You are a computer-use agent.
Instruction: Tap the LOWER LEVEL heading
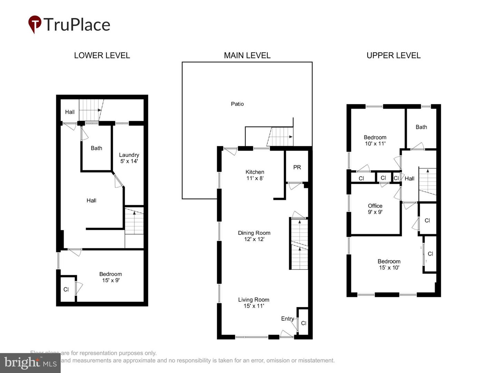[102, 55]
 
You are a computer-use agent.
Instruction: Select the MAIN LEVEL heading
[247, 55]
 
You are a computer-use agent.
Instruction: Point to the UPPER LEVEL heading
[393, 55]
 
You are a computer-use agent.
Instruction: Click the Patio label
[237, 104]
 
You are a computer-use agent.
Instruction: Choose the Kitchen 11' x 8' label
[255, 175]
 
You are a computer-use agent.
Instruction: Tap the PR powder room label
[297, 168]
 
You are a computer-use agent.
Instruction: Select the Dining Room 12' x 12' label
[254, 236]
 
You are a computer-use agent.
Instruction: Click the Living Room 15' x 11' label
[254, 303]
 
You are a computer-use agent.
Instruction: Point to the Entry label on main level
[287, 319]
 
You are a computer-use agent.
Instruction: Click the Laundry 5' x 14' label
[129, 158]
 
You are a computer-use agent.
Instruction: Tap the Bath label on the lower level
[96, 148]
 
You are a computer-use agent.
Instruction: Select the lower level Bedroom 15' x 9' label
[110, 277]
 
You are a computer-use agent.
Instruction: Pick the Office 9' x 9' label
[375, 209]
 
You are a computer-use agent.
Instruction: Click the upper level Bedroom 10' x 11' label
[375, 140]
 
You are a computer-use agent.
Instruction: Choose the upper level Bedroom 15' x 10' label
[389, 264]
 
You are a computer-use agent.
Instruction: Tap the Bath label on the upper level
[421, 127]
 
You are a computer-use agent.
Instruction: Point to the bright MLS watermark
[30, 363]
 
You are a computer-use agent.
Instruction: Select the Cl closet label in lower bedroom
[66, 289]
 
